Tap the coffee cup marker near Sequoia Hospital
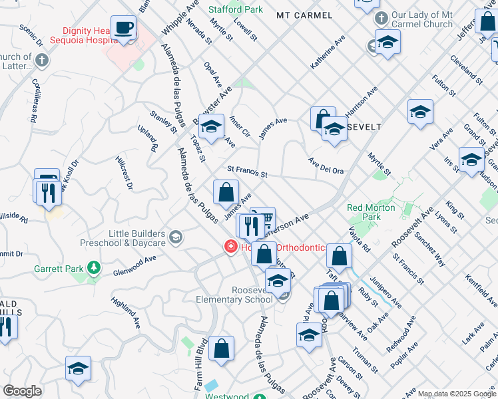point(123,29)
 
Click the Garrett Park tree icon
point(95,269)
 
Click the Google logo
point(22,391)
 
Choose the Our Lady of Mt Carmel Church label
point(422,20)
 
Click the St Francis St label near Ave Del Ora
point(247,173)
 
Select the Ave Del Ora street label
point(326,166)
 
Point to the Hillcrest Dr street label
point(124,173)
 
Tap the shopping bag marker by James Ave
point(226,193)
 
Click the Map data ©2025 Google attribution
point(457,394)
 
